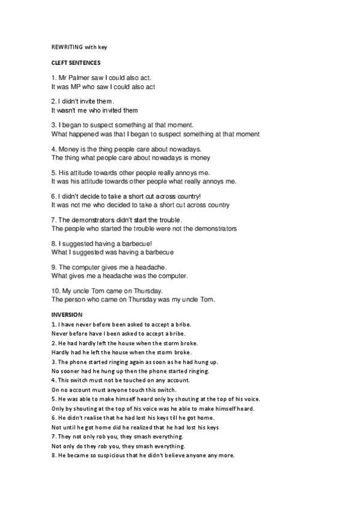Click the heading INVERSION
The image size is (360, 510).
(67, 314)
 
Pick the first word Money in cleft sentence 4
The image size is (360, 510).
(68, 149)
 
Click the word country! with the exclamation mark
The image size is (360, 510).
(188, 196)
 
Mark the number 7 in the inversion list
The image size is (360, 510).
(53, 437)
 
